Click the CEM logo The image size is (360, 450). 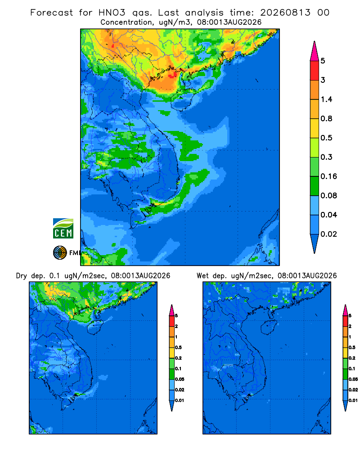(x=63, y=228)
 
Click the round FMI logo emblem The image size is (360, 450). (x=60, y=252)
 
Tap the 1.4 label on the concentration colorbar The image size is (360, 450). (x=326, y=99)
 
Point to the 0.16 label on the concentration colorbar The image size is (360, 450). (x=328, y=176)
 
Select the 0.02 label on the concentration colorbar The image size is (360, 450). (x=328, y=234)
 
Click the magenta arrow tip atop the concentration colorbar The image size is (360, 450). (x=315, y=51)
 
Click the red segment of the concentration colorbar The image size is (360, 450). (x=315, y=71)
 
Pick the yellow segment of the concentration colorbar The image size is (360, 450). (x=315, y=128)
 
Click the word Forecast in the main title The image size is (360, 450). (x=52, y=13)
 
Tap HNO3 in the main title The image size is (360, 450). (x=112, y=13)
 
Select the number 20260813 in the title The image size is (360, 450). (x=285, y=13)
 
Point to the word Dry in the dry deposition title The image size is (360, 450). (x=22, y=276)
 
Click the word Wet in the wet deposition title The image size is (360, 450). (x=202, y=276)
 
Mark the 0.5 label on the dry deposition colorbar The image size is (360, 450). (x=178, y=347)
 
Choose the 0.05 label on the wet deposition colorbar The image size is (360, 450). (x=353, y=379)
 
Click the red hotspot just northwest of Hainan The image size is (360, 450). (x=172, y=75)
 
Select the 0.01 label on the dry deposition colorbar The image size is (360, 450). (x=180, y=400)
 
